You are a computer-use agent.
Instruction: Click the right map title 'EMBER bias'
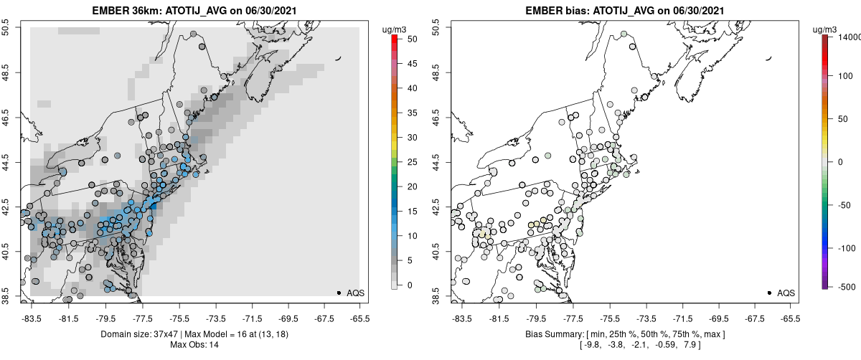[x=553, y=11]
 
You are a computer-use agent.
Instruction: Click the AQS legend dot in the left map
[x=339, y=293]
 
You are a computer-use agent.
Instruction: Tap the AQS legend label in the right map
[x=786, y=293]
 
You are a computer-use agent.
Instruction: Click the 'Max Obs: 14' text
[x=194, y=345]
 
